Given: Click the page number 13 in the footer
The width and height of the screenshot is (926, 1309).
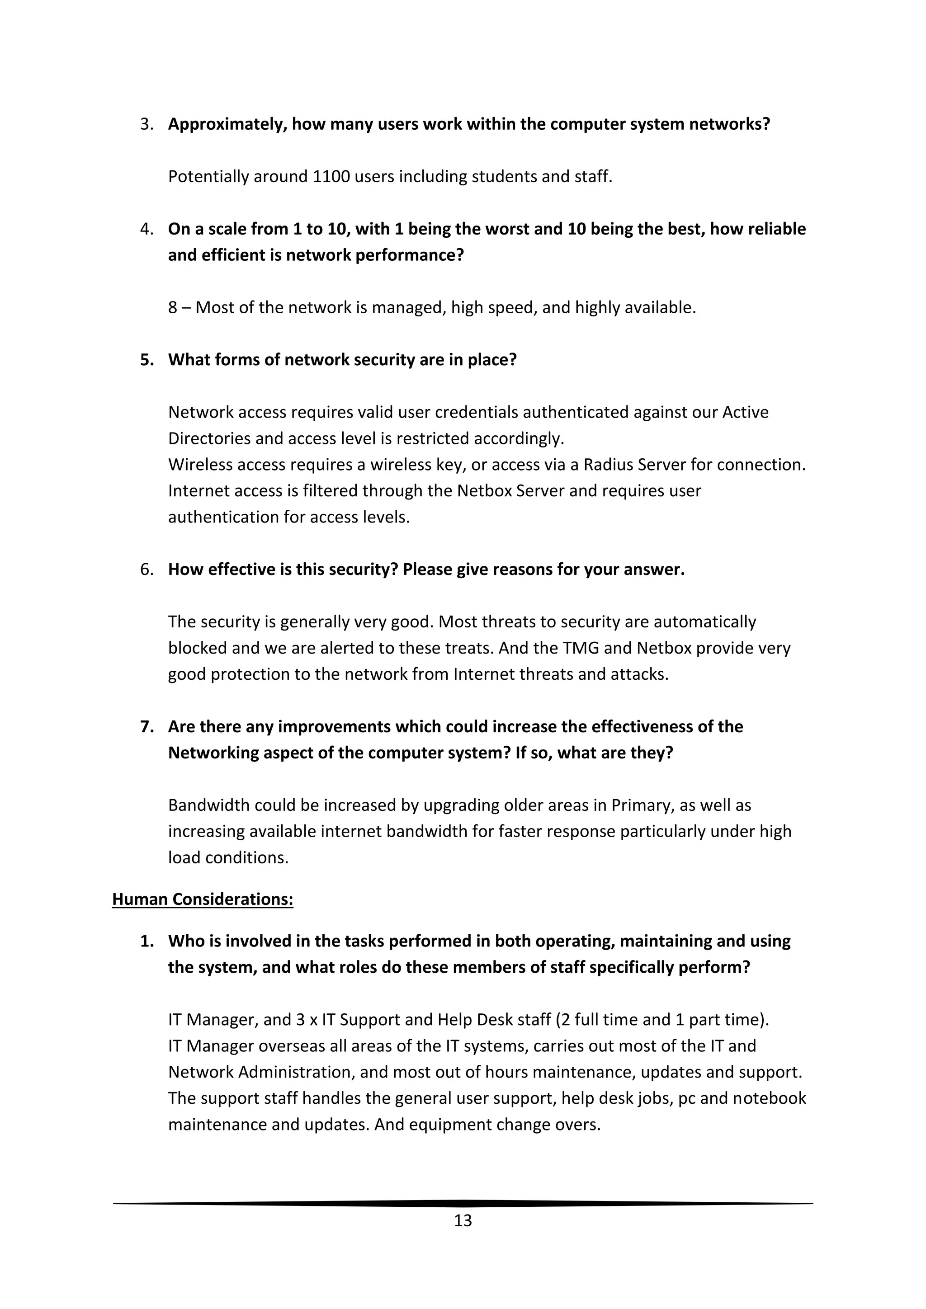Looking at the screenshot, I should click(463, 1220).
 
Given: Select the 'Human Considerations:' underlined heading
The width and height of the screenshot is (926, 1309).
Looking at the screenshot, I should click(203, 899).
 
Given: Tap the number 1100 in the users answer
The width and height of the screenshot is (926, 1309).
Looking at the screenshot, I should click(331, 177).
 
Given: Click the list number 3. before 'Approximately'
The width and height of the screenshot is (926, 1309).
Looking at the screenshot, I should click(146, 124).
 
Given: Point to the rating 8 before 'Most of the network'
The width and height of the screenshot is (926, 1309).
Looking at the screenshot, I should click(173, 308).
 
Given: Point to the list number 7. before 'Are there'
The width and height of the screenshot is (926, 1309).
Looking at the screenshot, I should click(146, 727).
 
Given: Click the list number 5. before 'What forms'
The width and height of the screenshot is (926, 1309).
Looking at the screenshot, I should click(146, 360).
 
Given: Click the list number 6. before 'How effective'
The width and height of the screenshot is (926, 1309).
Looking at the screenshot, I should click(146, 570).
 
